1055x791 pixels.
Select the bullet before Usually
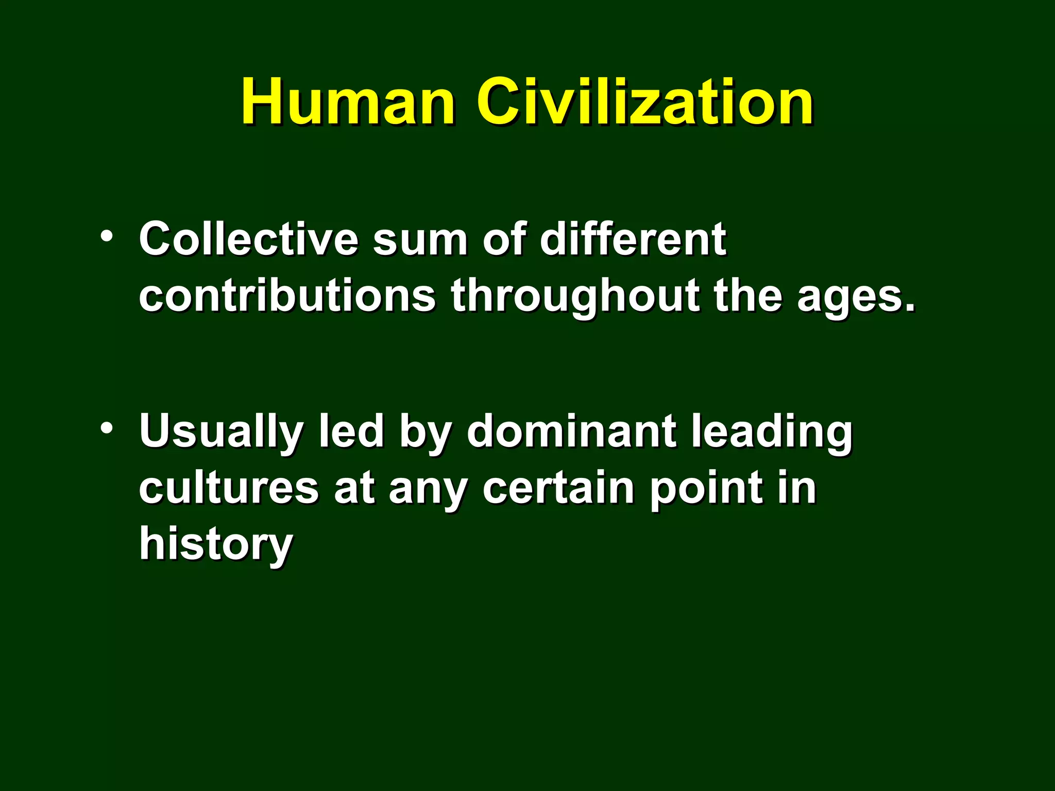pos(107,428)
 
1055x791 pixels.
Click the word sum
pos(420,239)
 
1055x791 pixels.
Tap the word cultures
pos(229,488)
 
